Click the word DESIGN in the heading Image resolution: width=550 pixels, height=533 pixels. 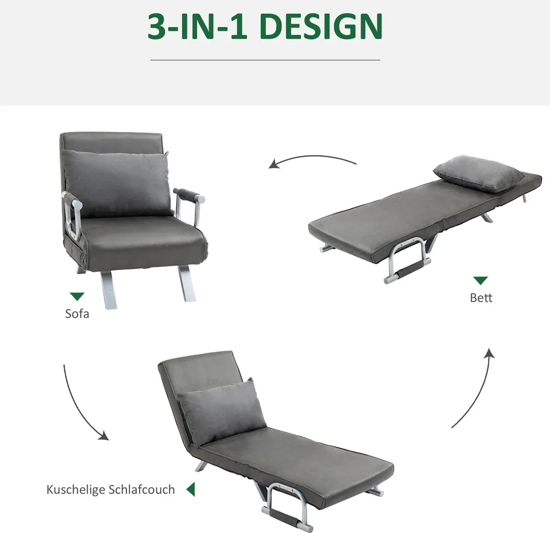coord(322,27)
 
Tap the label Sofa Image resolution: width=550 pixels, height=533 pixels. coord(77,313)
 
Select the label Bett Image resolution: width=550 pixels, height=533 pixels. coord(481,298)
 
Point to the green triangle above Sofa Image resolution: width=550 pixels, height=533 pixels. coord(77,296)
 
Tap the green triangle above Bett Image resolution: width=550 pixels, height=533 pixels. coord(481,281)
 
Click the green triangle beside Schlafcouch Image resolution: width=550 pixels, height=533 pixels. coord(191,489)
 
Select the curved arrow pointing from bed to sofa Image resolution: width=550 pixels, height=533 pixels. coord(312,157)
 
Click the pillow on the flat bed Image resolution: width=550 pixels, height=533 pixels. coord(479,173)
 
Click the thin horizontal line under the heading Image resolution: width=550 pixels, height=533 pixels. coord(265,60)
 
